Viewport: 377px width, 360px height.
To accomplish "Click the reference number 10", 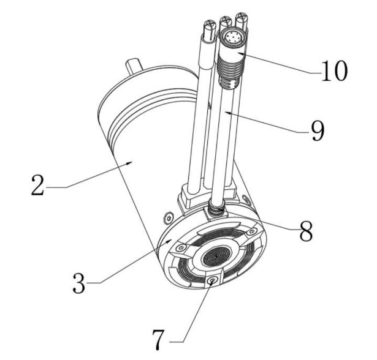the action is coord(335,70).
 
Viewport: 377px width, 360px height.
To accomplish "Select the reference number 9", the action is coord(318,130).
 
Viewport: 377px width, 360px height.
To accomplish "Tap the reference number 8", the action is coord(306,230).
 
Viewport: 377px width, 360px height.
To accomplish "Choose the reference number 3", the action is coord(79,283).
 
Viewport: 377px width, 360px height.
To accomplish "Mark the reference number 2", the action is coord(38,185).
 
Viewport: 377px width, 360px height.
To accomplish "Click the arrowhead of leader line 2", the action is coord(129,163).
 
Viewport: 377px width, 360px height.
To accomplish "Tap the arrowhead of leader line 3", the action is coord(169,241).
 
